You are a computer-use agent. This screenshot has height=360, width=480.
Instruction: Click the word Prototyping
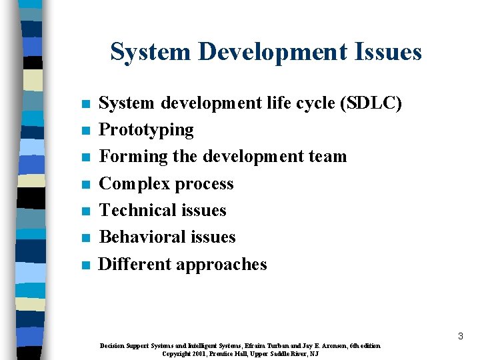[x=146, y=130]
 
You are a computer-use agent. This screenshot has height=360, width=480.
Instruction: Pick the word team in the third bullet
[x=327, y=157]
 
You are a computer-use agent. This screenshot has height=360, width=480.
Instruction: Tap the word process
[x=207, y=185]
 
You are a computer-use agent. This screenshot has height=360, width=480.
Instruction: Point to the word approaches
[x=223, y=265]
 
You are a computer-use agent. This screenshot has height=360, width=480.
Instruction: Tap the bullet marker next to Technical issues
[x=85, y=211]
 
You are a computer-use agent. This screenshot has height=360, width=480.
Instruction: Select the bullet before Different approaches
[x=85, y=265]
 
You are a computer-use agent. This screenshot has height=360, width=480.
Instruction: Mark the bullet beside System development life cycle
[x=85, y=105]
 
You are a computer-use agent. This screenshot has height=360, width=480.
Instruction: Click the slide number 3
[x=460, y=337]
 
